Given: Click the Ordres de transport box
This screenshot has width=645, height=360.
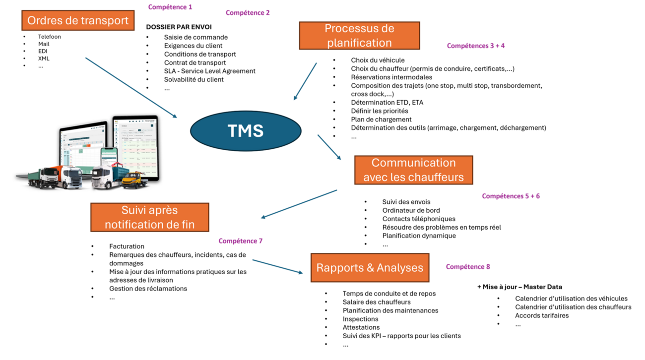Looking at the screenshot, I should point(78,20).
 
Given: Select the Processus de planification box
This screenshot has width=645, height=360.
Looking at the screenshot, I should point(359,35).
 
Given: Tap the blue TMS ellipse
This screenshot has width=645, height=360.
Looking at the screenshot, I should point(246,131).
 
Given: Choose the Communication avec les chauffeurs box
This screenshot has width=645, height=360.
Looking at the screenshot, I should point(413,170).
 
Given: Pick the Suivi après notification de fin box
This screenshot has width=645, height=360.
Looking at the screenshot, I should point(149,217).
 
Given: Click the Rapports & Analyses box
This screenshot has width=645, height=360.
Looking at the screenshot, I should point(370,268).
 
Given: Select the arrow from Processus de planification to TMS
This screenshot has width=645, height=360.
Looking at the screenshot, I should point(305,81).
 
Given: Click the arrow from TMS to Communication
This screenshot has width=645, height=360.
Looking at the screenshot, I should point(329,147).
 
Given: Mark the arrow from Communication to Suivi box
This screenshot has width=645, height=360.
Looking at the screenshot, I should point(299,204).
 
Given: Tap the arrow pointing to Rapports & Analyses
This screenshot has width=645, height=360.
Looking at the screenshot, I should point(277,266).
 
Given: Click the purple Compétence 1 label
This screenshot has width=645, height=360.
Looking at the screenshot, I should point(170,7).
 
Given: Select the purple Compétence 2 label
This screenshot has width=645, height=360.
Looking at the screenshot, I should point(248,12).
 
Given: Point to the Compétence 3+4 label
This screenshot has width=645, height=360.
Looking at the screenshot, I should point(476,46).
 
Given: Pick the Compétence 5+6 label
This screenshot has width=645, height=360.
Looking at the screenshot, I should point(511,196).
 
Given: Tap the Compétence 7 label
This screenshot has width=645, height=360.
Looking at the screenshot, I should point(240,241).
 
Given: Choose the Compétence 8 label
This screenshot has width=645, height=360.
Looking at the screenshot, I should point(468,266).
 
